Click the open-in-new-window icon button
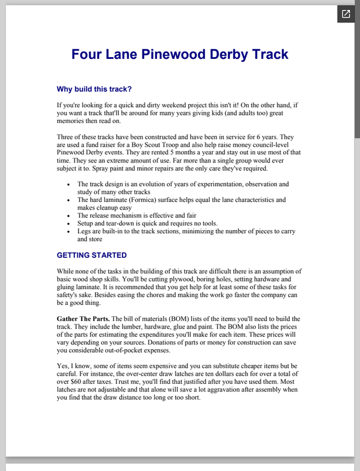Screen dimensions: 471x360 tap(345, 14)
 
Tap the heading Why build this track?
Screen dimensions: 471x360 tap(94, 89)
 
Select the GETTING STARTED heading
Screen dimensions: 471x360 tap(91, 256)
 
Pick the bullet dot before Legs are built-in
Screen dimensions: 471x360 tap(70, 232)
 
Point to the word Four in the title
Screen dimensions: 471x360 tap(85, 55)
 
